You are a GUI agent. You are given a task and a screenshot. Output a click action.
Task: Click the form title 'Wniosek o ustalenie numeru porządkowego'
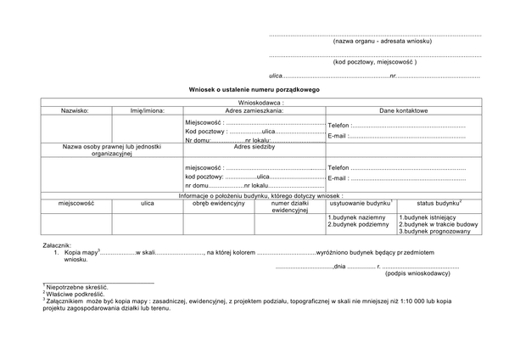(255, 89)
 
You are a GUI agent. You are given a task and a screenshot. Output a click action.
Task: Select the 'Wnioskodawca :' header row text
(255, 102)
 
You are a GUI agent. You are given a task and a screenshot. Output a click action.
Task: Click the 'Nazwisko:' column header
(75, 110)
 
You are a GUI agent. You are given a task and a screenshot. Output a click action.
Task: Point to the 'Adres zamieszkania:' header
(254, 110)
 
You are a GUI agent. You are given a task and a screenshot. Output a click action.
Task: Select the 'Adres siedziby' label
(254, 146)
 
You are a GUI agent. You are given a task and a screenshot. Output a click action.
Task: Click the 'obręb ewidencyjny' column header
(218, 204)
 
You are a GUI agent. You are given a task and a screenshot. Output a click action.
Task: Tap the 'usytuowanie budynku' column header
(361, 204)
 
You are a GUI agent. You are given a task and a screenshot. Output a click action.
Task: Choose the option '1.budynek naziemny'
(357, 217)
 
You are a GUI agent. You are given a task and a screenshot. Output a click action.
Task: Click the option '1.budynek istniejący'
(428, 217)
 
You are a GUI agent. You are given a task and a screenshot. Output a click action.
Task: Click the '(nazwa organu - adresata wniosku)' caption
(382, 41)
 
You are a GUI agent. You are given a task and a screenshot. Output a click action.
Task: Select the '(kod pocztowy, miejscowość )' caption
(375, 62)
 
